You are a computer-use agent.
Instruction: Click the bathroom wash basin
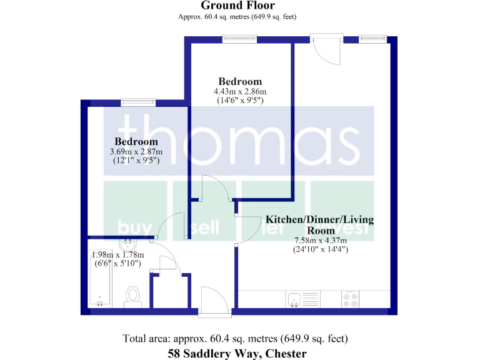[x=124, y=245]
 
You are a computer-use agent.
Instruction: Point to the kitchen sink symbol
[x=294, y=299]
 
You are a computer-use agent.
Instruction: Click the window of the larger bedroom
[x=239, y=39]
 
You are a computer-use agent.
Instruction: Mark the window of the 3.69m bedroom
[x=138, y=102]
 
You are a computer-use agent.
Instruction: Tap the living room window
[x=373, y=39]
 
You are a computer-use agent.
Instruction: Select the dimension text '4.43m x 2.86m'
[x=239, y=91]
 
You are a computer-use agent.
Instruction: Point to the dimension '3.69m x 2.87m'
[x=136, y=151]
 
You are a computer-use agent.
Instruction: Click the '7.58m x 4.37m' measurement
[x=321, y=240]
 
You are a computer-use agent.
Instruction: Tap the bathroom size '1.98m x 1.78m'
[x=118, y=255]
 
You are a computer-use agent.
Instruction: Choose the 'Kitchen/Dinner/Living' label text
[x=319, y=219]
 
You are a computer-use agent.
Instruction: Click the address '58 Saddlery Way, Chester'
[x=237, y=354]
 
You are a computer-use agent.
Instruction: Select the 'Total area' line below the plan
[x=236, y=339]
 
